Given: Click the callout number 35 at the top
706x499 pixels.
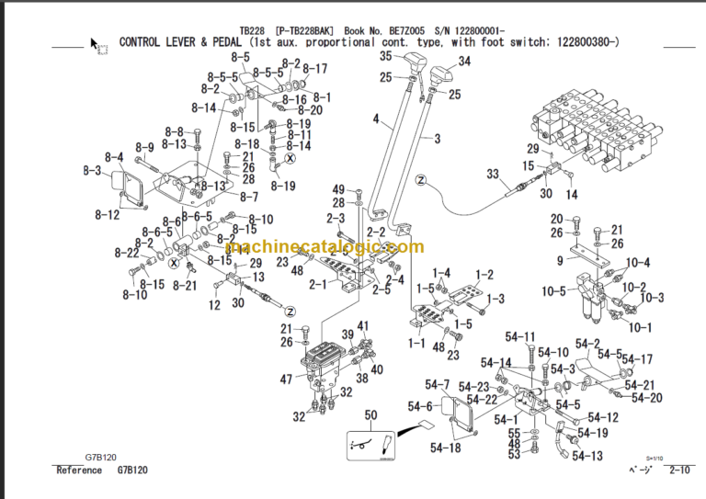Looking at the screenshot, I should point(386,57).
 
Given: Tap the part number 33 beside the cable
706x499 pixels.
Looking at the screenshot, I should point(492,174).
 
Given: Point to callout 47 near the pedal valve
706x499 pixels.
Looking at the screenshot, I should point(286,379).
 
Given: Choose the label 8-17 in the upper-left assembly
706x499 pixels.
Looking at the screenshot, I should point(314,69).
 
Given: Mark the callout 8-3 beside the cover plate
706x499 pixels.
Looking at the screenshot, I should point(91,171).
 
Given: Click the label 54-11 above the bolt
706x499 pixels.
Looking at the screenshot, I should point(520,336).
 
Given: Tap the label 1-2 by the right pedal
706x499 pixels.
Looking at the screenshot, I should point(484,274).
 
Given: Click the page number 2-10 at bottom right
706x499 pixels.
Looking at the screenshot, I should point(681,471).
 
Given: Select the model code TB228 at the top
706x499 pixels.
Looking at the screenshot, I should point(250,29).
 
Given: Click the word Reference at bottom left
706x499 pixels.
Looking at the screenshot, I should point(80,471).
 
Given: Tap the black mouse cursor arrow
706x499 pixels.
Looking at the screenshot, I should point(94,43).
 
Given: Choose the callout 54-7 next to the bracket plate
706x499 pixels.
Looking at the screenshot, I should point(438,384).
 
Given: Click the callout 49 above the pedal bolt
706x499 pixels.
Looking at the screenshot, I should point(338,189).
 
